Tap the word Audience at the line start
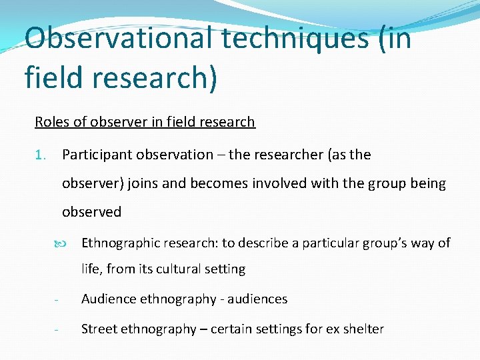(109, 299)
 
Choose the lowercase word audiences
(257, 299)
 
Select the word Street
(99, 329)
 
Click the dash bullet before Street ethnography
(59, 329)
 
